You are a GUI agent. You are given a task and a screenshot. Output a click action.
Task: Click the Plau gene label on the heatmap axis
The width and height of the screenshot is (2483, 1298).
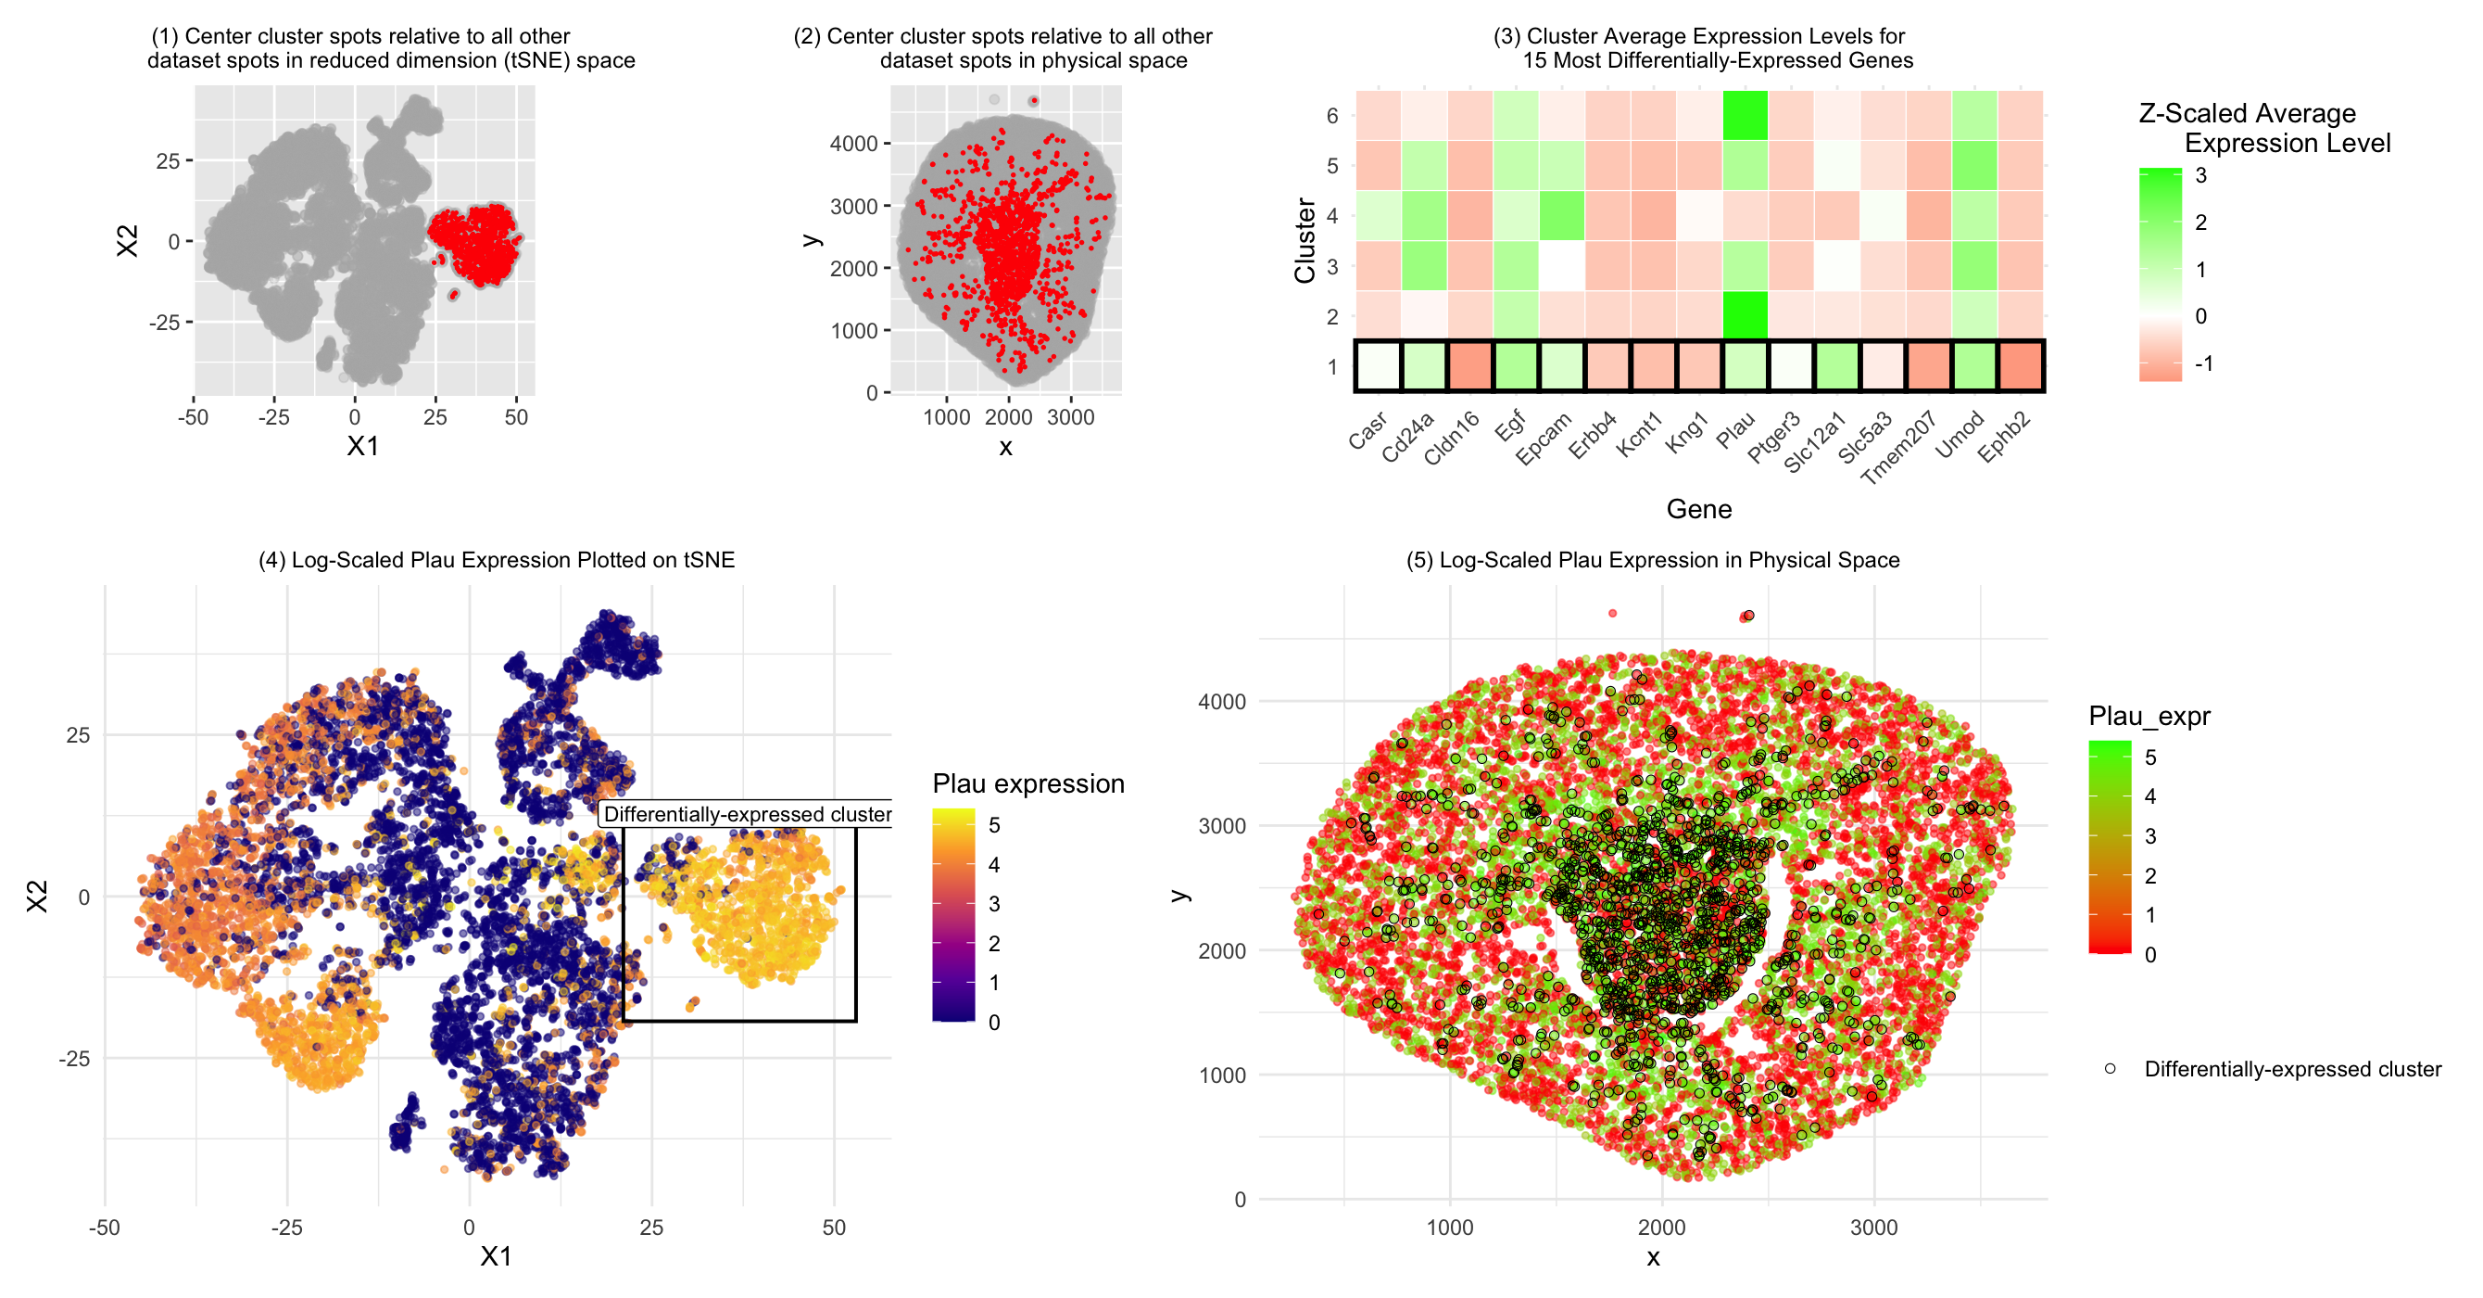(1736, 431)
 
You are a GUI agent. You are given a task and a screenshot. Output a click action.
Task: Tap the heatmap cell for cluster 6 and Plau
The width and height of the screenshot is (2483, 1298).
(1746, 116)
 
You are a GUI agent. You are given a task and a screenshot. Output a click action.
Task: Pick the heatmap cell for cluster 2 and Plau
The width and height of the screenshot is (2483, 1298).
(1746, 315)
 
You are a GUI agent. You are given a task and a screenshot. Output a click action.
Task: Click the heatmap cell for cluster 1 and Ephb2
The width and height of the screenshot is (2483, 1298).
(2022, 366)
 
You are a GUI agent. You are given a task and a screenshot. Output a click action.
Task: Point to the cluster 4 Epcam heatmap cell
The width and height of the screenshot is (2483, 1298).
(1562, 215)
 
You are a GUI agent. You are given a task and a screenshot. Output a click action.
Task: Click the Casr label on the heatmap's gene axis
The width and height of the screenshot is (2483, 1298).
(1368, 430)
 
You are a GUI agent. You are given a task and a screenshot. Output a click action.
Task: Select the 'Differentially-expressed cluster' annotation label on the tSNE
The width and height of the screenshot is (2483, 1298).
(747, 814)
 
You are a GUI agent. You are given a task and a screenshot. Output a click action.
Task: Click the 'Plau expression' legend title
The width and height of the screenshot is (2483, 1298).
(1028, 783)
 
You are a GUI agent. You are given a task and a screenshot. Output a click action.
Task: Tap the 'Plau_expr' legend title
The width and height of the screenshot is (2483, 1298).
(2149, 716)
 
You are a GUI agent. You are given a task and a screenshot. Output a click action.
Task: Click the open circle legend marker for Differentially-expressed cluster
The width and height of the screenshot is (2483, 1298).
(2110, 1068)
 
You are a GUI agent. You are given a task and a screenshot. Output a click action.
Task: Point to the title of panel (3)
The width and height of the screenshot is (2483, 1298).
(1700, 48)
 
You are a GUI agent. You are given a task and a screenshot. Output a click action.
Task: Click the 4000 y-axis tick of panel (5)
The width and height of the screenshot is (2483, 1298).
(1221, 702)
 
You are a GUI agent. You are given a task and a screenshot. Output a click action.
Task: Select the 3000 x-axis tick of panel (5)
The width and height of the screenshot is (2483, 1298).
(1873, 1228)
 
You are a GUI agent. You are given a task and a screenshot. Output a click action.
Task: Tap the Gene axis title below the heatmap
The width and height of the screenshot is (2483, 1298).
(1698, 509)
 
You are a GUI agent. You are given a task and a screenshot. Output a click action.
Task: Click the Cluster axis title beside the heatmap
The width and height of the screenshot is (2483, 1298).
(1306, 240)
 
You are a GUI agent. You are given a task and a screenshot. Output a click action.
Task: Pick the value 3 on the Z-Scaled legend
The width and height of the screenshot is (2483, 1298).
(2201, 175)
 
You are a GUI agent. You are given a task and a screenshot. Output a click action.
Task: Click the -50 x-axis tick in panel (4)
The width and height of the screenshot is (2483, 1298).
(104, 1228)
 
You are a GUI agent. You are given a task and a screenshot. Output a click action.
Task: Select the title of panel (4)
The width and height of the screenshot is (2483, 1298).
(497, 560)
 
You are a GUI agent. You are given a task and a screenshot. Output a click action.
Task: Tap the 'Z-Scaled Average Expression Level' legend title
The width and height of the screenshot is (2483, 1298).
(2264, 128)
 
